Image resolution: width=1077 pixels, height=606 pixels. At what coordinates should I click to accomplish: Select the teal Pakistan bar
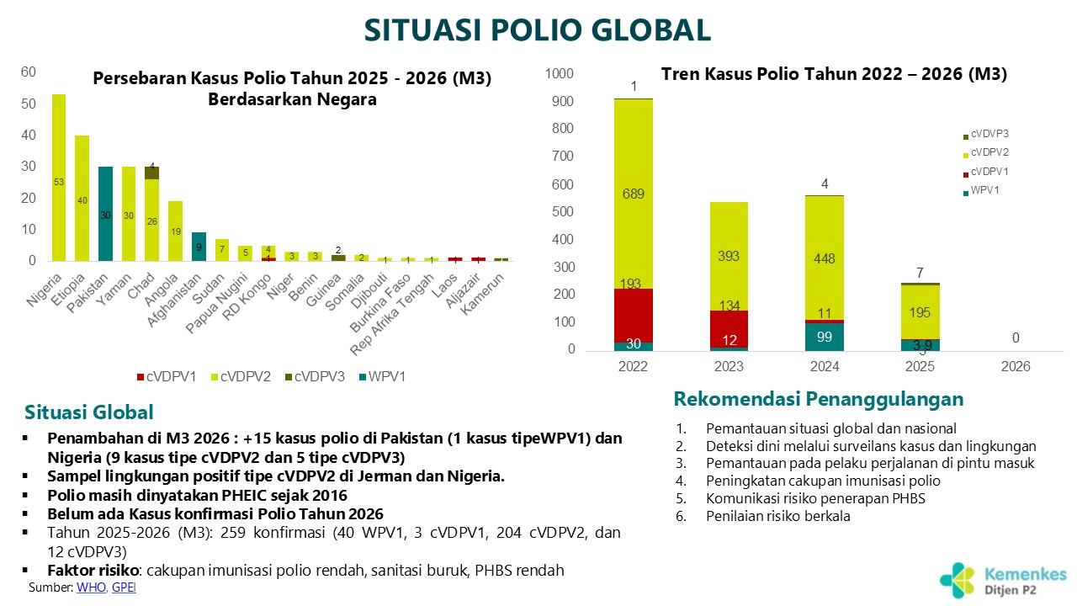coord(106,214)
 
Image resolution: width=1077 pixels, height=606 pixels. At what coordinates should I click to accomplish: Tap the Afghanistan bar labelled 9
coord(199,247)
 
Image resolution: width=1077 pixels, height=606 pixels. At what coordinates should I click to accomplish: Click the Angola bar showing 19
coord(176,231)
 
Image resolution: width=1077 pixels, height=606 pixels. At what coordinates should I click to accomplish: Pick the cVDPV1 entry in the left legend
coord(167,377)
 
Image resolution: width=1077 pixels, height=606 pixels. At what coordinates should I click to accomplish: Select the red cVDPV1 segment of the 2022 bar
coord(634,315)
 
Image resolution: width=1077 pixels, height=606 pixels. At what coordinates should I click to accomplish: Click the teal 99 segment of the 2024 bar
coord(824,337)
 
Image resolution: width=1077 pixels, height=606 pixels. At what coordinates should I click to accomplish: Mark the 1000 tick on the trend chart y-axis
coord(559,74)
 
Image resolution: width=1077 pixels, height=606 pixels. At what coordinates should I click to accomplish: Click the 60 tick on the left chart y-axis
coord(29,72)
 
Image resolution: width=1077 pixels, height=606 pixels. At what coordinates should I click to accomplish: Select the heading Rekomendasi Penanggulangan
coord(818,398)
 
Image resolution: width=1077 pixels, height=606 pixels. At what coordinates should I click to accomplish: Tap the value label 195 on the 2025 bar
coord(920,312)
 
